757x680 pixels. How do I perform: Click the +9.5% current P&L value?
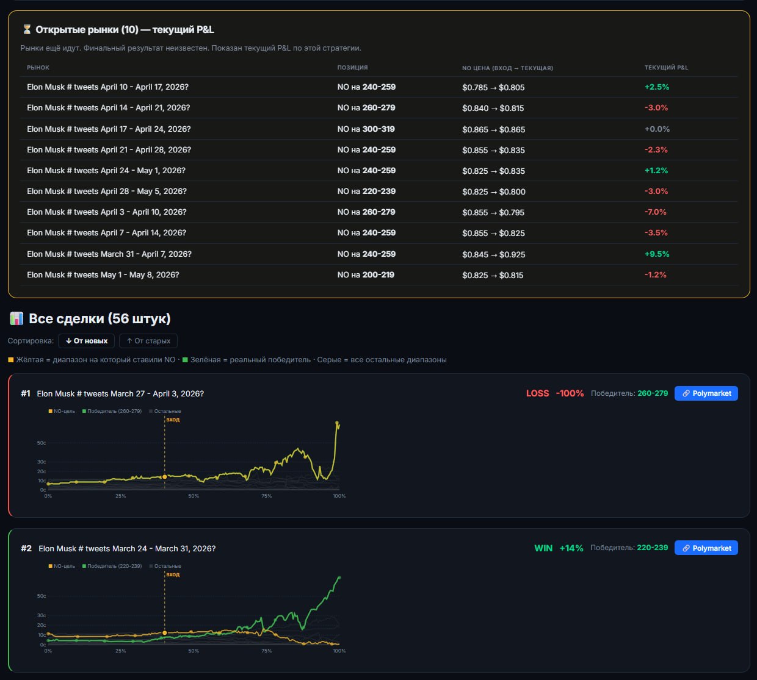pyautogui.click(x=657, y=254)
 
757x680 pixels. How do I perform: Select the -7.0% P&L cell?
pyautogui.click(x=655, y=212)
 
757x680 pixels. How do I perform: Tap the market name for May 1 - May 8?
pyautogui.click(x=103, y=274)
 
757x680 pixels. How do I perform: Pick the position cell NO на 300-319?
pyautogui.click(x=366, y=129)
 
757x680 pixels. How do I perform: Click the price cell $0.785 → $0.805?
pyautogui.click(x=493, y=87)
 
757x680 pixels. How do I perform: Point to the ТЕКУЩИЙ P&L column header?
pyautogui.click(x=666, y=68)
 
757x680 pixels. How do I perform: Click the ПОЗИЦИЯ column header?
pyautogui.click(x=352, y=68)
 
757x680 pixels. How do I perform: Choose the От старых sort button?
pyautogui.click(x=148, y=341)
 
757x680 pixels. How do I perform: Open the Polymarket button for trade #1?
pyautogui.click(x=706, y=393)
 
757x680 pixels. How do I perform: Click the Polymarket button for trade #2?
pyautogui.click(x=706, y=548)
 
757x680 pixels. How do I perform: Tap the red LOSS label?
pyautogui.click(x=537, y=393)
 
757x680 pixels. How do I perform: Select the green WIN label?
pyautogui.click(x=543, y=548)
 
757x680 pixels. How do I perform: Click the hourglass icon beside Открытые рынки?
pyautogui.click(x=27, y=29)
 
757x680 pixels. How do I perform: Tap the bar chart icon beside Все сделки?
pyautogui.click(x=16, y=319)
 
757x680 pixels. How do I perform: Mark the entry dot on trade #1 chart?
pyautogui.click(x=165, y=477)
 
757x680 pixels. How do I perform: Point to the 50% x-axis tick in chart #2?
pyautogui.click(x=194, y=651)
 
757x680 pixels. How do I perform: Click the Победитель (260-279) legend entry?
pyautogui.click(x=112, y=411)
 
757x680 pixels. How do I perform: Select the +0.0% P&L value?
pyautogui.click(x=657, y=129)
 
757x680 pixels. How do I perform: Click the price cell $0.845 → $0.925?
pyautogui.click(x=494, y=254)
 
